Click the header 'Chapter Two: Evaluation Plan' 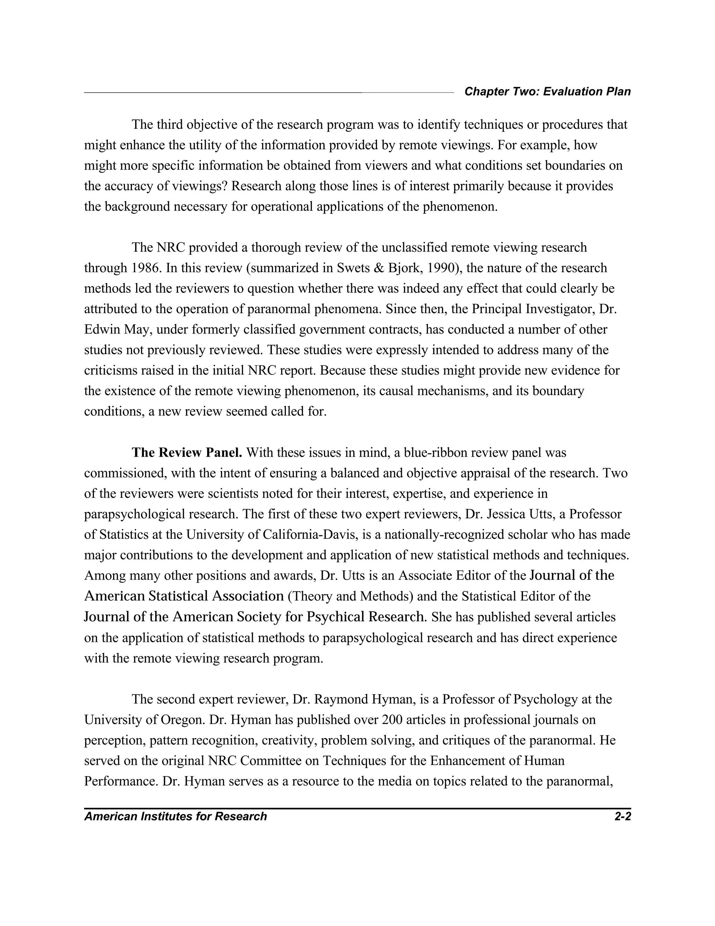(x=547, y=92)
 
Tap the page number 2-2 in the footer (x=622, y=816)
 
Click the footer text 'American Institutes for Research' (x=175, y=816)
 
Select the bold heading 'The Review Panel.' (x=187, y=453)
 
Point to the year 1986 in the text (x=141, y=268)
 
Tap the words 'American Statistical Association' (x=184, y=596)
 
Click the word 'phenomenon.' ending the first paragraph (x=460, y=207)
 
